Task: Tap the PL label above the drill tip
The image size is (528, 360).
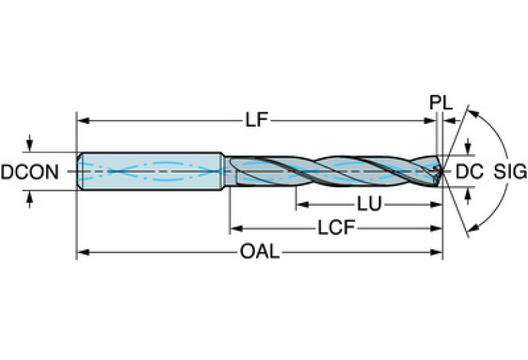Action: coord(441,103)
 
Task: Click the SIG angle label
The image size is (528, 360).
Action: coord(510,171)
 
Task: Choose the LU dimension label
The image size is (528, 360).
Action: coord(370,204)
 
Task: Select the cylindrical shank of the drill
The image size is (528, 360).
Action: coord(151,169)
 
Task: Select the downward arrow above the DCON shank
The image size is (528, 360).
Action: coord(29,146)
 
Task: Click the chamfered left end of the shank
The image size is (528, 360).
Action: coord(78,169)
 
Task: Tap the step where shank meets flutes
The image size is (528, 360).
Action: coord(223,169)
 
